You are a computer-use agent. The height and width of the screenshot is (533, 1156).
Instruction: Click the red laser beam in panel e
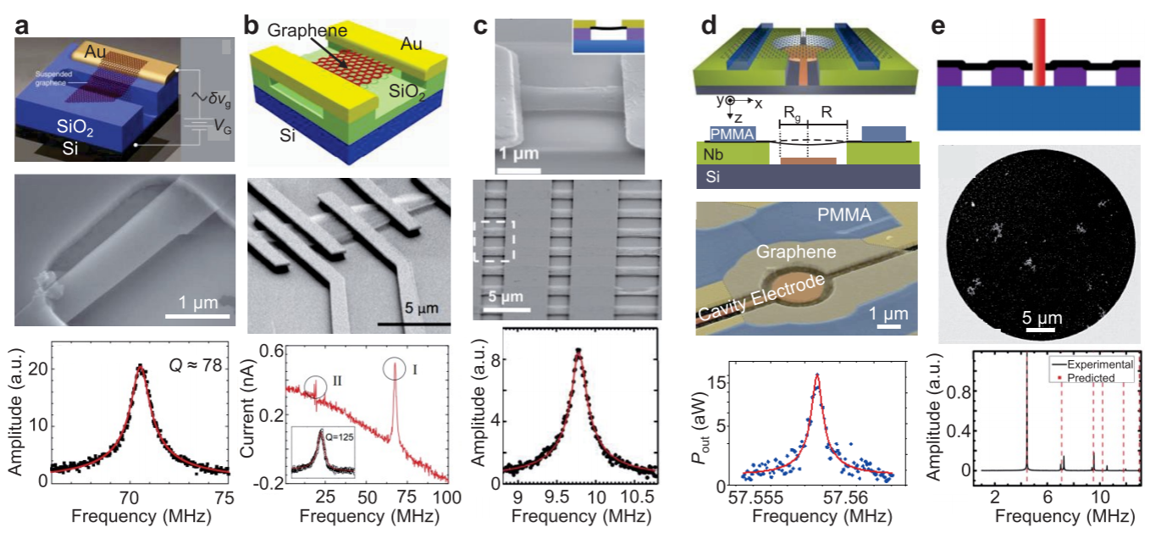1040,42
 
